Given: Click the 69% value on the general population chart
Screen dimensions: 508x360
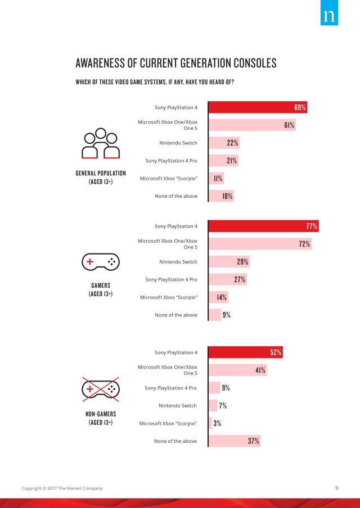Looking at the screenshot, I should (300, 107).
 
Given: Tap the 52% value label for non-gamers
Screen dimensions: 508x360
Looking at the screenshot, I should (276, 352).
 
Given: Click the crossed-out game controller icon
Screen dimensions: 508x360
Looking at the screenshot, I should (101, 388).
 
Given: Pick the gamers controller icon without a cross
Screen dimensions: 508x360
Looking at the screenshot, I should (101, 262).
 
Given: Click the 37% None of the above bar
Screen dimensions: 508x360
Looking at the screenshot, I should (234, 441).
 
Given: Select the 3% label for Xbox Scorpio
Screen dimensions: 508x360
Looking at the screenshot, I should (217, 423).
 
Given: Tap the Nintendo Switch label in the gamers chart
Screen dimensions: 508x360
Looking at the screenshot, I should (178, 262).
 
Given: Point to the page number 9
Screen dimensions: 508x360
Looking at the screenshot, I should (336, 488).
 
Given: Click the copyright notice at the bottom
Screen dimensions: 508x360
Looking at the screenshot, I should (62, 488).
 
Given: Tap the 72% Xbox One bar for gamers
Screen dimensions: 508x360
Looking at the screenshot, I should (259, 244).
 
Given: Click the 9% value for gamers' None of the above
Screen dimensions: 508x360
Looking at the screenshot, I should (226, 315).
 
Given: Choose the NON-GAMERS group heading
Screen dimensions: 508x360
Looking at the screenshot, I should (101, 415).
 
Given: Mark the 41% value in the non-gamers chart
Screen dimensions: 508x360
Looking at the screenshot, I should (260, 370).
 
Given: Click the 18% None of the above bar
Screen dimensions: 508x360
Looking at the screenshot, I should (221, 196).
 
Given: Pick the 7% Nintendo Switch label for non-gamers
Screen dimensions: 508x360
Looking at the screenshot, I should (223, 405).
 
